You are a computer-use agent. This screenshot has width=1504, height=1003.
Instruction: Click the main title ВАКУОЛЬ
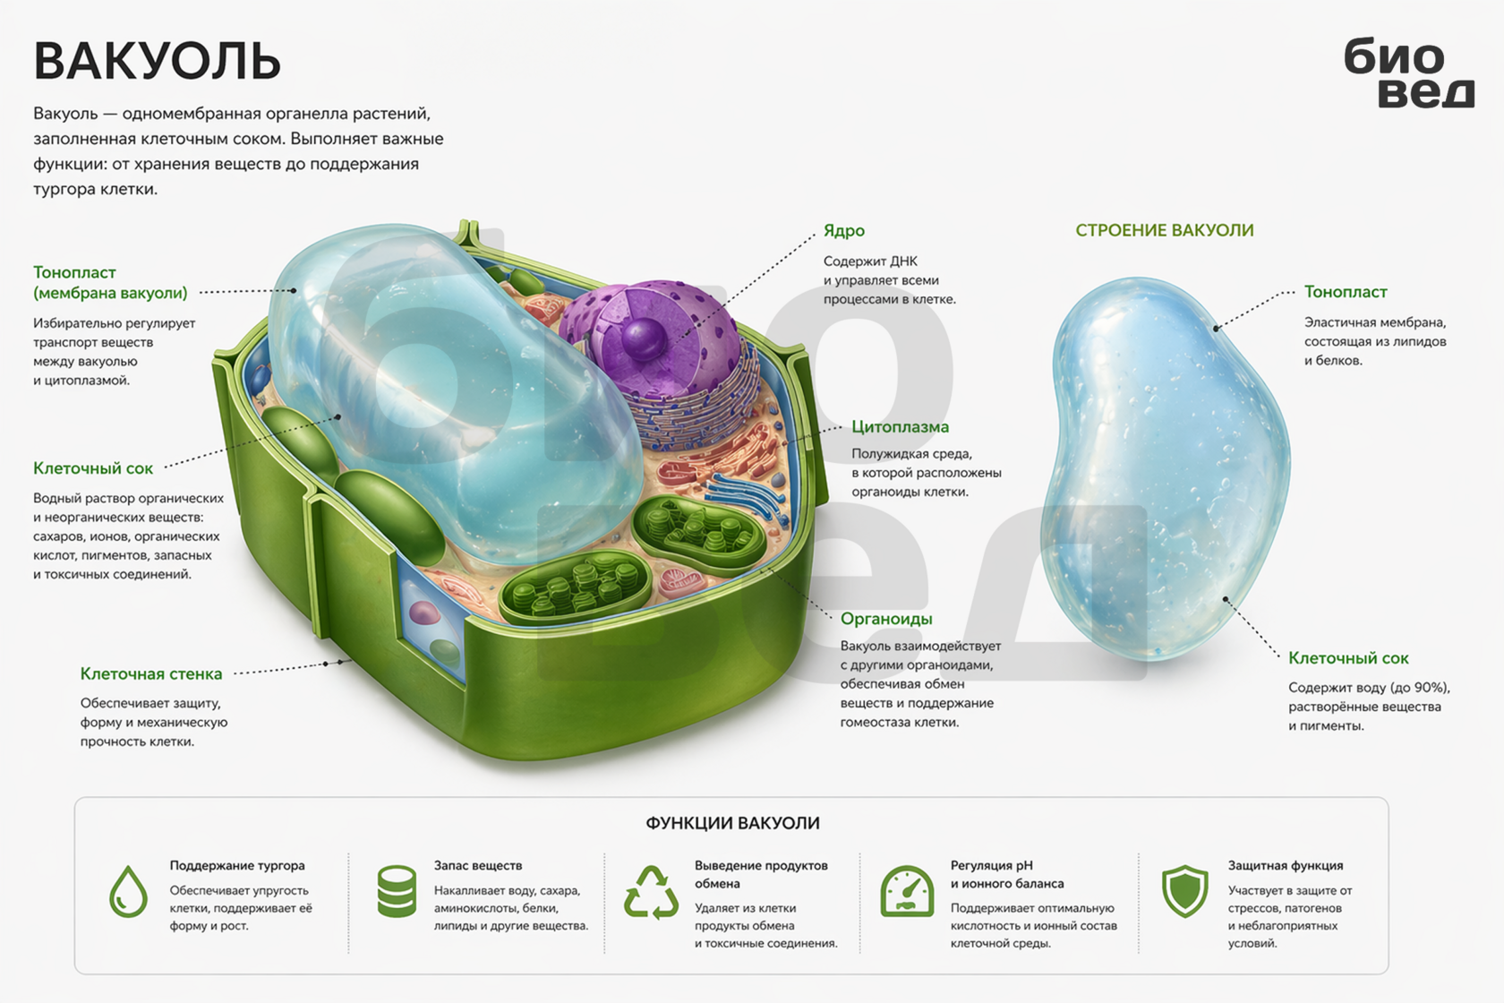[x=158, y=61]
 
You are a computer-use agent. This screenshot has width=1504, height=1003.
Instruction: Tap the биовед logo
[x=1409, y=72]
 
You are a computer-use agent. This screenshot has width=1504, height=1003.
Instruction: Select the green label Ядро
[x=844, y=230]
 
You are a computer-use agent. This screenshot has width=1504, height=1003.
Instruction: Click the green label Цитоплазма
[x=901, y=427]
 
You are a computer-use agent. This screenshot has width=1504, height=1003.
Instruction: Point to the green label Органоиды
[x=886, y=619]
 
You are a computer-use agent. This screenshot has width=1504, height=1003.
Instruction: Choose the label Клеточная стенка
[x=151, y=673]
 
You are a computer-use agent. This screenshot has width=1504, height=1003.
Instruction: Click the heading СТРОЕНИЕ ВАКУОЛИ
[x=1164, y=230]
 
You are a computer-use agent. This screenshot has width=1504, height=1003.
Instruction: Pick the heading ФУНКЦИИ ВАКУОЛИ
[x=732, y=823]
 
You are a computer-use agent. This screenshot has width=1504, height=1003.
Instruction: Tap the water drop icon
[x=128, y=891]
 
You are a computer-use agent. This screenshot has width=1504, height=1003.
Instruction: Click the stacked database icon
[x=397, y=891]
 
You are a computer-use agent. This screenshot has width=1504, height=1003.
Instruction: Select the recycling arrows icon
[x=652, y=892]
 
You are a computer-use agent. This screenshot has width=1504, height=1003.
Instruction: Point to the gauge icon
[x=907, y=891]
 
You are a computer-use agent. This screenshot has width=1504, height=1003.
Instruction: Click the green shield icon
[x=1185, y=891]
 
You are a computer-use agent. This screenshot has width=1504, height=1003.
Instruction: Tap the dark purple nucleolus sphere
[x=644, y=338]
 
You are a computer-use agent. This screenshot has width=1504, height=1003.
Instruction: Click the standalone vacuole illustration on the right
[x=1164, y=469]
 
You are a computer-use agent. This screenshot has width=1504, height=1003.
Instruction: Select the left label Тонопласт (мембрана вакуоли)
[x=110, y=283]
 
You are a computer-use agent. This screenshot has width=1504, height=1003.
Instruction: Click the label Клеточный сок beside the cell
[x=93, y=468]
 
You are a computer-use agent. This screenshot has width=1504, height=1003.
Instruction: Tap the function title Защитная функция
[x=1286, y=865]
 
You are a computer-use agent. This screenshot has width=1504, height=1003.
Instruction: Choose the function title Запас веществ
[x=477, y=865]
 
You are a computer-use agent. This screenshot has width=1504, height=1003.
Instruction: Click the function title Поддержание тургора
[x=237, y=866]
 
